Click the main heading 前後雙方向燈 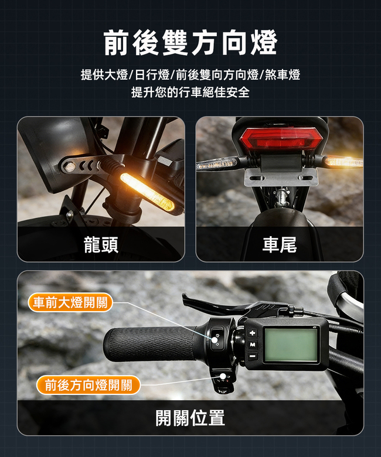(x=190, y=43)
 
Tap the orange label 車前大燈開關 (x=70, y=302)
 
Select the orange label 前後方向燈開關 (x=89, y=385)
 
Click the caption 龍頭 (x=101, y=244)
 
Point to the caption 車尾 (x=280, y=244)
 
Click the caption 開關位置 (x=190, y=418)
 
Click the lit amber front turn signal (x=148, y=192)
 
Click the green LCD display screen (x=291, y=345)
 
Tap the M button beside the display (x=253, y=345)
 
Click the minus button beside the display (x=253, y=356)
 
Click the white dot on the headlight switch (x=215, y=340)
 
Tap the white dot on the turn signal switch (x=223, y=377)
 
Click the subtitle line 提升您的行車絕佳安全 (x=190, y=93)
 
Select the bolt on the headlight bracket (x=69, y=167)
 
